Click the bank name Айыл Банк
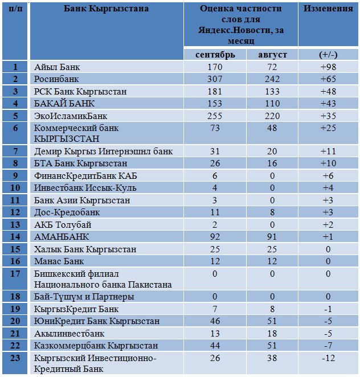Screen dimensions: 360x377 coord(57,67)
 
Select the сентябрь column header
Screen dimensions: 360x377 coord(215,55)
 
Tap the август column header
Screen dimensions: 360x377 coord(272,55)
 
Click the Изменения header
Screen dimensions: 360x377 coord(328,9)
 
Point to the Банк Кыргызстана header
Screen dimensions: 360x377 coord(106,9)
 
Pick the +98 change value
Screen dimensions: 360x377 coord(328,67)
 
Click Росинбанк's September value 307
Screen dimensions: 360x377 coord(215,79)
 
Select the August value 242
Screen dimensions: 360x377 coord(272,79)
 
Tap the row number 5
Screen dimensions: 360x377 coord(15,116)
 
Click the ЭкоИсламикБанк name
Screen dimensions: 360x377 coord(71,116)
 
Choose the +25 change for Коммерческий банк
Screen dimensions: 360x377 coord(328,128)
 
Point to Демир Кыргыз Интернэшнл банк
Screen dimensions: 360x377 coord(104,151)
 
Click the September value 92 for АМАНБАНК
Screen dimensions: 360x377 coord(215,236)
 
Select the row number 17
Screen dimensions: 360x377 coord(15,273)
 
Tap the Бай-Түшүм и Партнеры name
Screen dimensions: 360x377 coord(84,297)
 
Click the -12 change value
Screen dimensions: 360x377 coord(328,358)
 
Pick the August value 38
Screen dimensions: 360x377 coord(272,358)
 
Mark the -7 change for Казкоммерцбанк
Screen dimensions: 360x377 coord(328,346)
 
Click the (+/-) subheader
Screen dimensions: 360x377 coord(328,55)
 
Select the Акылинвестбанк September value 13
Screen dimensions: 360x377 coord(215,334)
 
